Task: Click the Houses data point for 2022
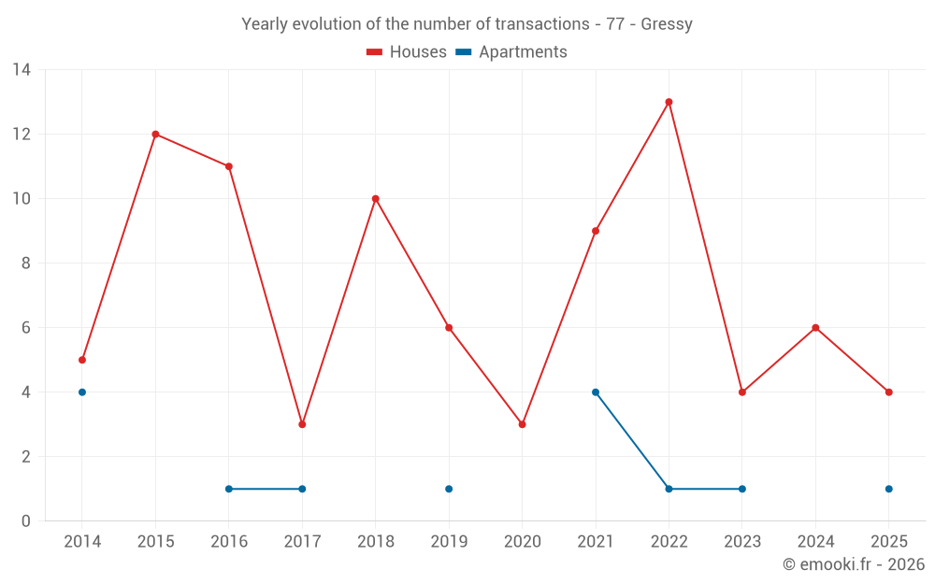pyautogui.click(x=669, y=102)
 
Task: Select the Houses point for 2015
pyautogui.click(x=155, y=134)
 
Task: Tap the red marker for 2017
pyautogui.click(x=302, y=424)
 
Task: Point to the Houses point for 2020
pyautogui.click(x=522, y=424)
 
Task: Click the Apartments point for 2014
pyautogui.click(x=82, y=392)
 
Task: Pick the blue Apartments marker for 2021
pyautogui.click(x=596, y=392)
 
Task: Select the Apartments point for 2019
pyautogui.click(x=449, y=489)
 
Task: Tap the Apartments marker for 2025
pyautogui.click(x=888, y=489)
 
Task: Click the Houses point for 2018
pyautogui.click(x=376, y=198)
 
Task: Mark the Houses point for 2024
pyautogui.click(x=815, y=328)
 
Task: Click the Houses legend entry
pyautogui.click(x=407, y=52)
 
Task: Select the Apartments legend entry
pyautogui.click(x=511, y=52)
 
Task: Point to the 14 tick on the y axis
pyautogui.click(x=22, y=69)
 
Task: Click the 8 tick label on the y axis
pyautogui.click(x=26, y=264)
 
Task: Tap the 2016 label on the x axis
pyautogui.click(x=229, y=542)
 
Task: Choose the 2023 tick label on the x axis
pyautogui.click(x=742, y=542)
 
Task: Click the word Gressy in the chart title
pyautogui.click(x=667, y=24)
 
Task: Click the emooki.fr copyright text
pyautogui.click(x=854, y=564)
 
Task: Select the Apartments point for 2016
pyautogui.click(x=229, y=489)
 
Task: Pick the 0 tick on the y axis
pyautogui.click(x=26, y=521)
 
